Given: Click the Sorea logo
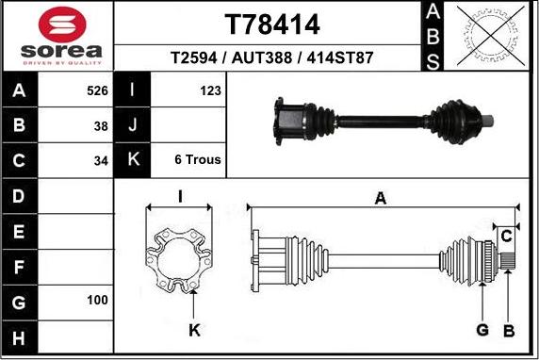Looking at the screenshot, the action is click(x=57, y=36).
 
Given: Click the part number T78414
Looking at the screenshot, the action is click(x=272, y=24).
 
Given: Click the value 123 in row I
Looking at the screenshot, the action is click(x=210, y=90).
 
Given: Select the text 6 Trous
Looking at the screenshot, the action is click(x=198, y=159).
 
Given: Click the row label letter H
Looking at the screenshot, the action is click(x=20, y=336).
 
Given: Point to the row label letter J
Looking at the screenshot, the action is click(x=132, y=125).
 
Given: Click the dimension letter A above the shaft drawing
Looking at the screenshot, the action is click(x=381, y=199).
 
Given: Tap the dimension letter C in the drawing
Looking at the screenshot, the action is click(x=506, y=234).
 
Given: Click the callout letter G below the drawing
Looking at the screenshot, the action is click(x=482, y=330).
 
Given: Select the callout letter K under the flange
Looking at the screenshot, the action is click(x=193, y=330).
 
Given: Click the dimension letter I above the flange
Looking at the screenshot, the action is click(x=179, y=196).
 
